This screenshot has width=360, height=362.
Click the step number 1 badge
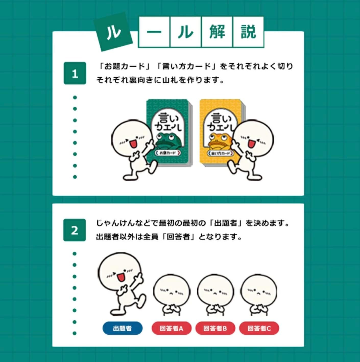(x=75, y=73)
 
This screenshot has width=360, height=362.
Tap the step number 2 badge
(x=75, y=230)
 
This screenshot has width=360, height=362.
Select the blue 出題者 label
(x=122, y=328)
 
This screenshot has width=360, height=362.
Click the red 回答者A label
(x=171, y=328)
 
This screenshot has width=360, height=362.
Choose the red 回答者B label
(x=215, y=328)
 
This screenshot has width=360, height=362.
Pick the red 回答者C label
(x=259, y=328)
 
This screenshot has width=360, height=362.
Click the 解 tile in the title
(x=217, y=32)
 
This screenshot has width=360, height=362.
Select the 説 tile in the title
(x=248, y=32)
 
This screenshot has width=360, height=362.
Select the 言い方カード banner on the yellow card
(x=220, y=153)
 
